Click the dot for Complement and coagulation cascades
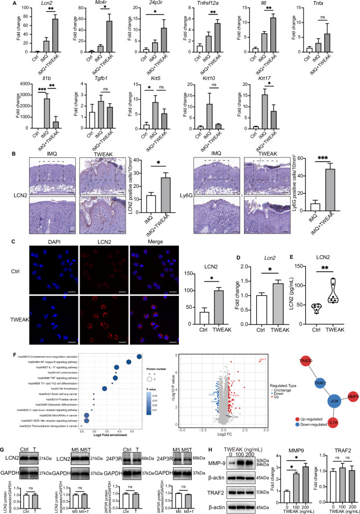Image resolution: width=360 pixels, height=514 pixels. click(139, 297)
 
